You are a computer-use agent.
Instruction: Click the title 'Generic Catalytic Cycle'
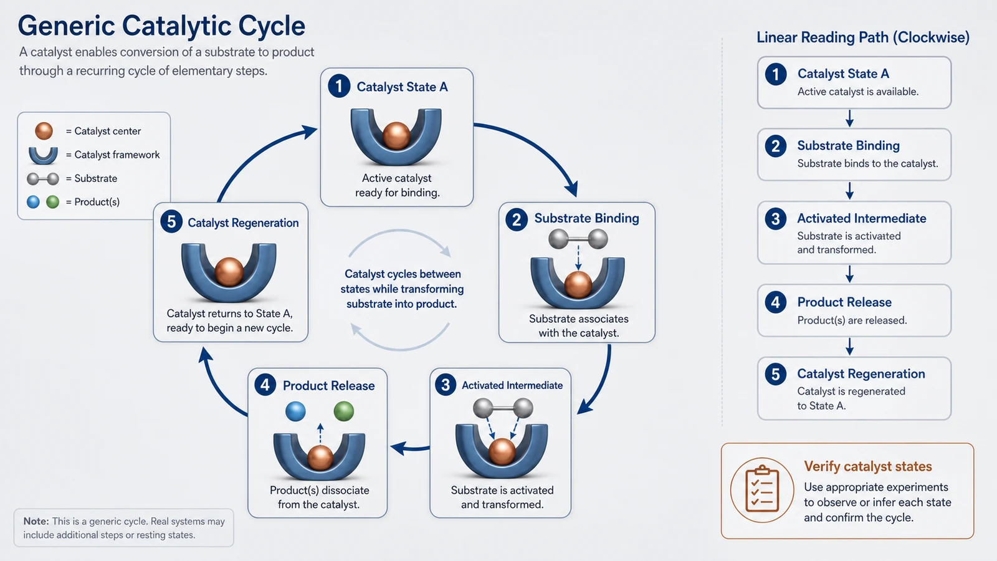[x=161, y=26]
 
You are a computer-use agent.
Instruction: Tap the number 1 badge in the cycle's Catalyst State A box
[x=339, y=86]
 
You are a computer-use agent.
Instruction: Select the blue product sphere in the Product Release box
[x=295, y=411]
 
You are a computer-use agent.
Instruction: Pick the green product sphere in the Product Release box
[x=343, y=411]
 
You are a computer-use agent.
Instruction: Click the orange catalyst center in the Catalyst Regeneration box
[x=229, y=272]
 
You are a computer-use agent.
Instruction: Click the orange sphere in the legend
[x=44, y=131]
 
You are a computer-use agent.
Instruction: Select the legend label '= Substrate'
[x=92, y=178]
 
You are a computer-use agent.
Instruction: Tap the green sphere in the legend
[x=52, y=202]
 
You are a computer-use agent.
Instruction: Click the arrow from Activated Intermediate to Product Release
[x=410, y=448]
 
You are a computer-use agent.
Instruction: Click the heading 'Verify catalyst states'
[x=868, y=466]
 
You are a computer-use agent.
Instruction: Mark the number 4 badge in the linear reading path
[x=775, y=302]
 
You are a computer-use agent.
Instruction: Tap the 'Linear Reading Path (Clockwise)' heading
[x=863, y=37]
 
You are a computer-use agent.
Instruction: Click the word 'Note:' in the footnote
[x=36, y=521]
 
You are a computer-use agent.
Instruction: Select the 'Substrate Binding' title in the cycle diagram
[x=586, y=218]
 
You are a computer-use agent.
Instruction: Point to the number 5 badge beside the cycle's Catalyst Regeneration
[x=171, y=222]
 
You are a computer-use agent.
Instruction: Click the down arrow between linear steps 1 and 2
[x=850, y=118]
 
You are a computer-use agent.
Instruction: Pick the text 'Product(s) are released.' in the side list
[x=852, y=320]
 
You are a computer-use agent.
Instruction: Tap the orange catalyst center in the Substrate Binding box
[x=578, y=284]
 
